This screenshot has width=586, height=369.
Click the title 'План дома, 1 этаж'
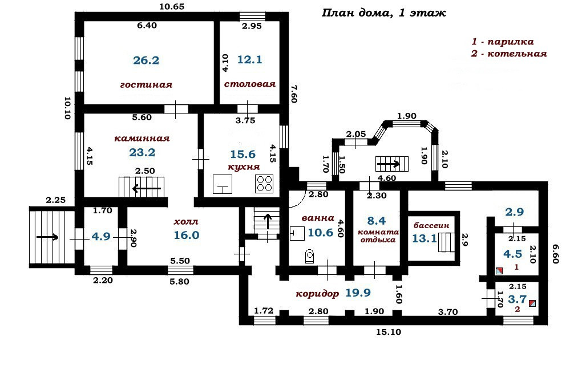(384, 13)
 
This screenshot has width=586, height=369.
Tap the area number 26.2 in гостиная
(146, 60)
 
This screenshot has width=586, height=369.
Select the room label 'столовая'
(250, 84)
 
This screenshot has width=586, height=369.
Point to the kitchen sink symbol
(223, 184)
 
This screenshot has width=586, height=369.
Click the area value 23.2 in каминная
(142, 152)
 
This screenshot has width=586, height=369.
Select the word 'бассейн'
(425, 226)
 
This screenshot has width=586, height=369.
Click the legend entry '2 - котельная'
(509, 54)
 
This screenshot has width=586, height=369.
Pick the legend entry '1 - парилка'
(502, 42)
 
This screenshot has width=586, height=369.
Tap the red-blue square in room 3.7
(532, 303)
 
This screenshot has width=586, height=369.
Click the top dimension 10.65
(172, 7)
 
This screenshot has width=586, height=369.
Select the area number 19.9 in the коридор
(358, 294)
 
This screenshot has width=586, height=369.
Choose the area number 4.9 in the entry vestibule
(101, 236)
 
